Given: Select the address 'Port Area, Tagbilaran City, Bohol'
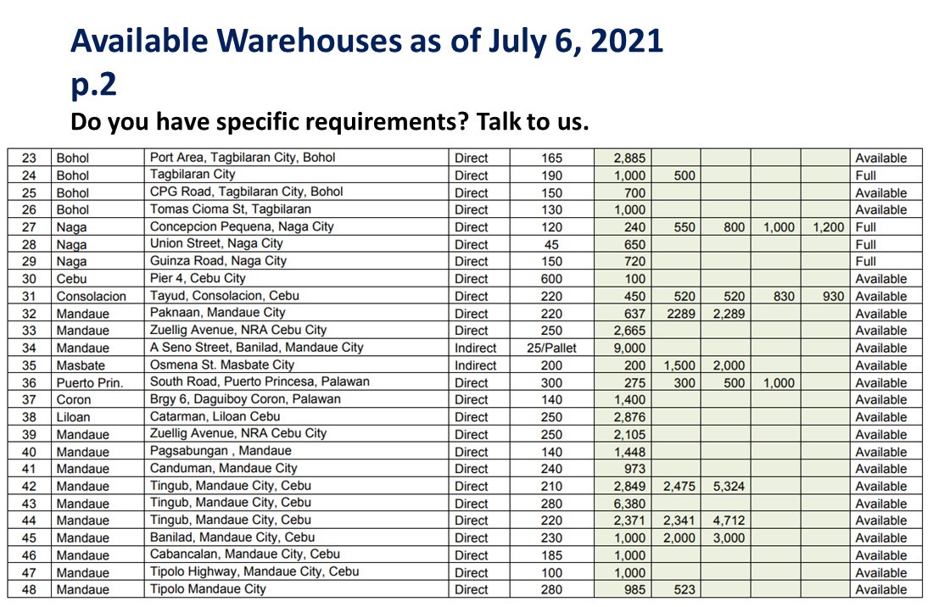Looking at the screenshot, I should [x=243, y=158].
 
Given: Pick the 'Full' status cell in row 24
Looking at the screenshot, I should [x=866, y=175].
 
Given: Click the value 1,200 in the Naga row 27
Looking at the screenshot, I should [x=828, y=227].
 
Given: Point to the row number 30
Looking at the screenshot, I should [x=29, y=279].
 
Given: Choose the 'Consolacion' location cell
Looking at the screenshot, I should [x=91, y=297].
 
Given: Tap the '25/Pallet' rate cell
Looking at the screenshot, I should [x=551, y=348].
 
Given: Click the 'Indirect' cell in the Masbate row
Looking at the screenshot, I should [x=475, y=365].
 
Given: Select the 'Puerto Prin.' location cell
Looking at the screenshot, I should [x=90, y=383].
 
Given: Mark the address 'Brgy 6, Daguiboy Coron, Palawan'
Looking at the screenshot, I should [x=245, y=399].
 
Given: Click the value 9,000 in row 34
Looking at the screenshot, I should [x=629, y=348].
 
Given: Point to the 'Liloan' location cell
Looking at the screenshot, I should [x=73, y=417].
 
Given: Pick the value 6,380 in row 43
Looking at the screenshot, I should [x=629, y=504].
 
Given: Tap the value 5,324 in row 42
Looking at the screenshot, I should [x=729, y=487].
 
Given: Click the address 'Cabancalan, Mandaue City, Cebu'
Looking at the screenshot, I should [x=244, y=554].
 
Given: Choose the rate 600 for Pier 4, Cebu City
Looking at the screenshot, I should [x=551, y=279].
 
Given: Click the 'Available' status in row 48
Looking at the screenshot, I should [x=880, y=590].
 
